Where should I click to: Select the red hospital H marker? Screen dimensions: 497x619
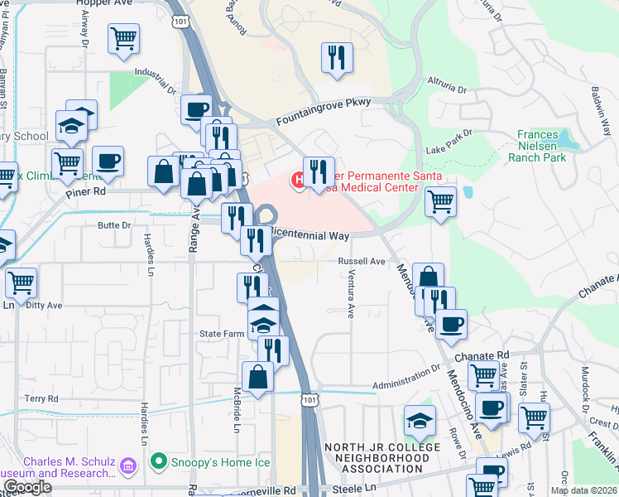296,178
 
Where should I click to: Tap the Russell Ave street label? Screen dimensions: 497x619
362,262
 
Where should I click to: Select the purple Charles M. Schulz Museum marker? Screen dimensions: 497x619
128,466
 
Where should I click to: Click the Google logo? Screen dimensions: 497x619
27,487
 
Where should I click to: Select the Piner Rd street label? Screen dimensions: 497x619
87,191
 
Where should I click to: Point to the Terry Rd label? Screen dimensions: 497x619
41,398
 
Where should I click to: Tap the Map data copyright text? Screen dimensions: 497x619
584,490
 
